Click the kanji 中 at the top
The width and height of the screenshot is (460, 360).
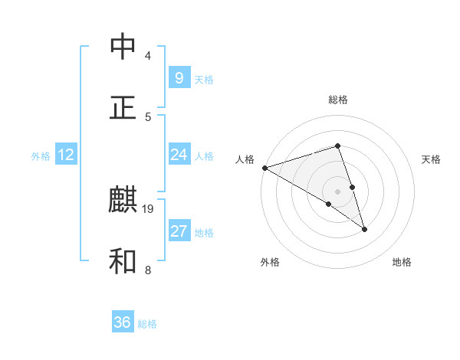tap(123, 47)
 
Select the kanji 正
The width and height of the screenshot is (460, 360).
tap(123, 107)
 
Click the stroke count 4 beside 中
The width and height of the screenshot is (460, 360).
tap(147, 56)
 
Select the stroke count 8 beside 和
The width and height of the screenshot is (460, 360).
tap(147, 270)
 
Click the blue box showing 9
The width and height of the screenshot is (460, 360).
tap(179, 78)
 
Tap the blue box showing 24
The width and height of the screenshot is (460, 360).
tap(179, 155)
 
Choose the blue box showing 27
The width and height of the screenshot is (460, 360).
tap(179, 231)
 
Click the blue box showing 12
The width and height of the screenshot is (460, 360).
tap(66, 155)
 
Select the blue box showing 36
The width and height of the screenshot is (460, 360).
tap(123, 322)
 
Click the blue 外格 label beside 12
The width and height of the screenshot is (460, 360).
tap(41, 155)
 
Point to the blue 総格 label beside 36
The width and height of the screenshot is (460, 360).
tap(147, 324)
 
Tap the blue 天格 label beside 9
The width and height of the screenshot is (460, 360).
tap(204, 79)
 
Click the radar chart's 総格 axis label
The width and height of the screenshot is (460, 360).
tap(338, 100)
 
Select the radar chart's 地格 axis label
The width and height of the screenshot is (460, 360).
tap(402, 262)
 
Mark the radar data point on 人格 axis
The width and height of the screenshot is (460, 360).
tap(264, 167)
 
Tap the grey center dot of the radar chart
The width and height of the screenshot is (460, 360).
tap(337, 191)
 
